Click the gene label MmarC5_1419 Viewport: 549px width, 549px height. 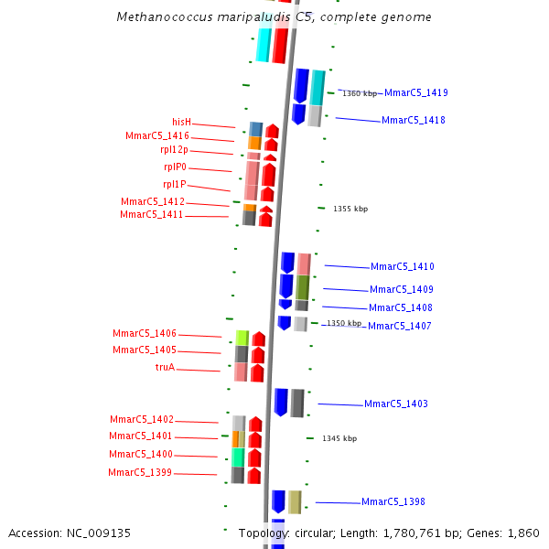point(415,92)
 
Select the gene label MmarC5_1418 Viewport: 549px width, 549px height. point(413,120)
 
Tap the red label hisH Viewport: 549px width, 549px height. point(181,122)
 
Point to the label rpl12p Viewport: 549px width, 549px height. point(174,149)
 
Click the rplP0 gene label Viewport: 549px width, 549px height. point(175,167)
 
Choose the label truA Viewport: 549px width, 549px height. point(165,367)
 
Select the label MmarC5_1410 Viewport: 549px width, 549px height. point(402,266)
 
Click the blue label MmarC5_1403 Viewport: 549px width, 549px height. point(395,404)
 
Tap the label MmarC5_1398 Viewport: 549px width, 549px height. point(393,501)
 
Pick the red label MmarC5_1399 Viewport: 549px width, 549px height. point(139,472)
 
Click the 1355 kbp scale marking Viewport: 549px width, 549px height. point(350,209)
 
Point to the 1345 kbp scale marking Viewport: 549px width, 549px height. point(339,438)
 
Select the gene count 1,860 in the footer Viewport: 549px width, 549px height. point(523,533)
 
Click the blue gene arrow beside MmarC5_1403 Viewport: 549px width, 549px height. point(281,402)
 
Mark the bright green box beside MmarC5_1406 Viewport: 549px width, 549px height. point(242,338)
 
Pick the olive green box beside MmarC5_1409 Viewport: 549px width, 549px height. point(302,287)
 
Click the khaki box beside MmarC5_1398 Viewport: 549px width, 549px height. point(295,501)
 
